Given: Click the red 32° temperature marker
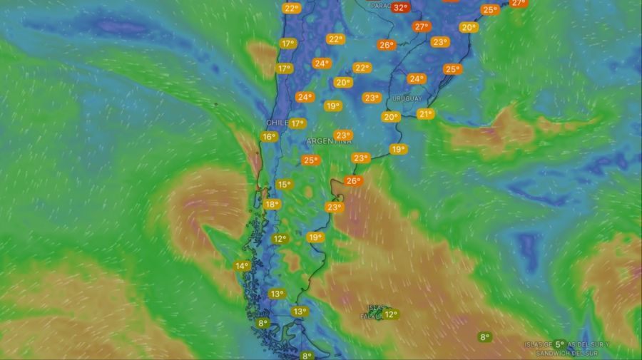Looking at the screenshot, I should tap(400, 8).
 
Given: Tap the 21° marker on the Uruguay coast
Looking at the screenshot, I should tap(426, 114).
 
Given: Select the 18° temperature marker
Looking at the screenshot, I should tap(272, 205).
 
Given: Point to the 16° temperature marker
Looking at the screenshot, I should tap(268, 137).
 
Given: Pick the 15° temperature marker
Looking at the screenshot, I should tap(284, 185).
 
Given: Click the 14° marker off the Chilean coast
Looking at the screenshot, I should tap(243, 267).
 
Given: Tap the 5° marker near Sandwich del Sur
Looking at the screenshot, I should tap(560, 344).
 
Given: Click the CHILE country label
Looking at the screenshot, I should tap(277, 123).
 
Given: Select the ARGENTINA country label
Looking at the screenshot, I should tap(330, 141).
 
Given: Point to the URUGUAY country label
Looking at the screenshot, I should tap(407, 98).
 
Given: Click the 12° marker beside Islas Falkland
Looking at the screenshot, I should tap(390, 314).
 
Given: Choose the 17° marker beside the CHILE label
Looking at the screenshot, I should tap(297, 123).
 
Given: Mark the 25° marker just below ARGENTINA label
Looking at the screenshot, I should tap(310, 160).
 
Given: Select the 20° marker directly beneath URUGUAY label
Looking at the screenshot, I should tap(390, 118).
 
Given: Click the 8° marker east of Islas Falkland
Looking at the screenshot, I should tap(485, 337).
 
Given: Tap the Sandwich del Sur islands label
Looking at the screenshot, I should tap(567, 349).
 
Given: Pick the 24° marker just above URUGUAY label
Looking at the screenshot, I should tap(417, 79).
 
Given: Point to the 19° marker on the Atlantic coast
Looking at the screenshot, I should tap(398, 150).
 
